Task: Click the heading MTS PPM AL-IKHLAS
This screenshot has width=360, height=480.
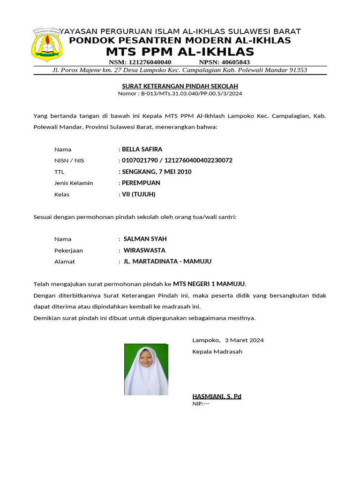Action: point(180,52)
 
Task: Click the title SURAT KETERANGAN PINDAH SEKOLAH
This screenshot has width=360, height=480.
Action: point(180,86)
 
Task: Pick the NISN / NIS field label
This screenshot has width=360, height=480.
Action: point(69,161)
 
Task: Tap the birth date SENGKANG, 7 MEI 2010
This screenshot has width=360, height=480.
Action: point(157,172)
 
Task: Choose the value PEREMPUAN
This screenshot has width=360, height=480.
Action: point(141,183)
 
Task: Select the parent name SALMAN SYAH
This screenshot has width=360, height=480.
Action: point(145,239)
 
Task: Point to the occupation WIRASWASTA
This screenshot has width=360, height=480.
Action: point(144,250)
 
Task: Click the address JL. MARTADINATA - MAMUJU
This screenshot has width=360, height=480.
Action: point(167,262)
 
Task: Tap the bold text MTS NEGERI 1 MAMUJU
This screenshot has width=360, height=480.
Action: point(209,284)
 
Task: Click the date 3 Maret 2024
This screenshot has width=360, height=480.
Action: point(244,340)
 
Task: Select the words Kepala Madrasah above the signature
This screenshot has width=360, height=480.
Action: point(217,352)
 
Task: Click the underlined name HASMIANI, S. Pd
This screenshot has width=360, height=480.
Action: point(217,397)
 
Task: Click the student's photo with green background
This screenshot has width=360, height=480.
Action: point(146,369)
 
